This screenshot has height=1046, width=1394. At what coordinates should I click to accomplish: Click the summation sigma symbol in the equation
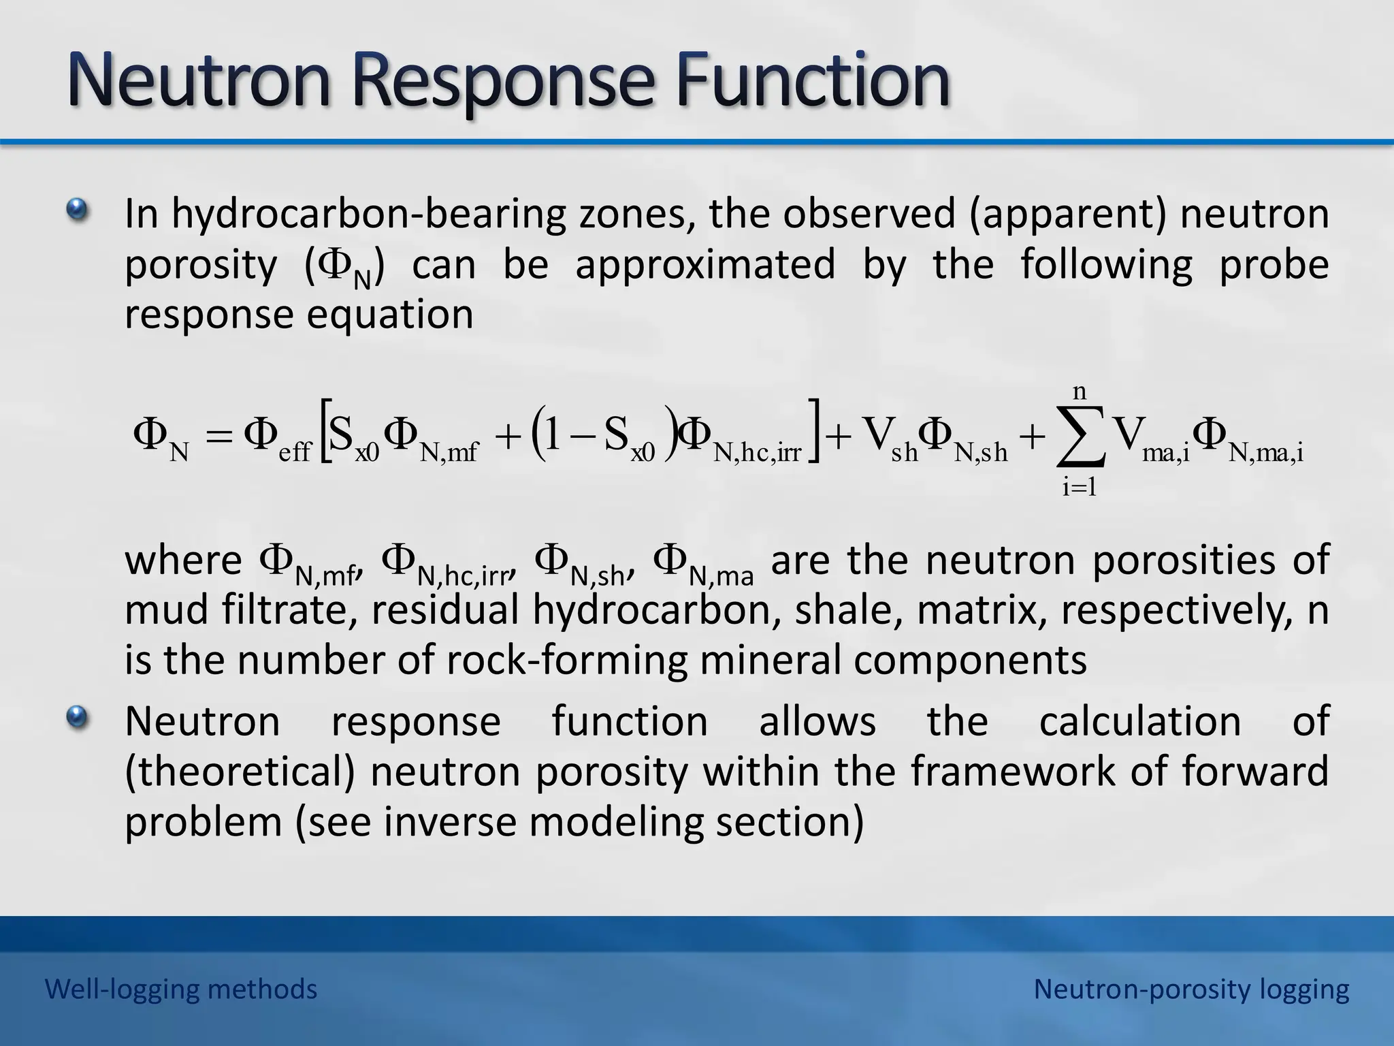pyautogui.click(x=1080, y=439)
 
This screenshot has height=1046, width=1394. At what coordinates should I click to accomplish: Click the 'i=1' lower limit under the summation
pyautogui.click(x=1080, y=488)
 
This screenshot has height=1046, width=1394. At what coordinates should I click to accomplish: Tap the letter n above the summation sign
pyautogui.click(x=1080, y=392)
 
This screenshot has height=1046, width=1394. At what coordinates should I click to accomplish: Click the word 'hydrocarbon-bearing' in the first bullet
pyautogui.click(x=368, y=215)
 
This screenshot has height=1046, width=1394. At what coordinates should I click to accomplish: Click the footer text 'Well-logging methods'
pyautogui.click(x=181, y=989)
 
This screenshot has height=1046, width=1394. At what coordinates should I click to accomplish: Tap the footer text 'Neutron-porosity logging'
pyautogui.click(x=1191, y=989)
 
